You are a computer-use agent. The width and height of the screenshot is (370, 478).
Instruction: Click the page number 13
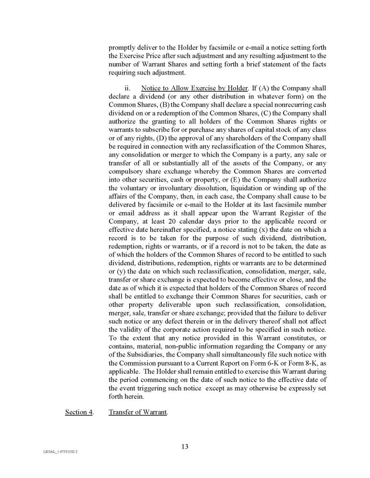click(185, 446)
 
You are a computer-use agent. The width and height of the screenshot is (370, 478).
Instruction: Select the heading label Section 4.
click(79, 412)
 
